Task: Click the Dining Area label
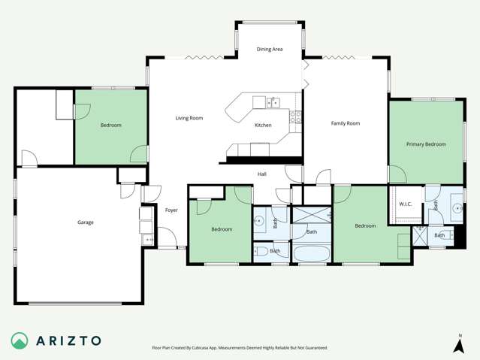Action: click(270, 50)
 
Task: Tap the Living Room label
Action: click(189, 118)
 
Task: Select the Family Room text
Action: click(346, 123)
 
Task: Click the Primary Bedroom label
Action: click(426, 144)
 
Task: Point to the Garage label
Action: click(86, 222)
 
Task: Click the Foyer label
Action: click(171, 210)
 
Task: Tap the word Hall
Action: click(262, 174)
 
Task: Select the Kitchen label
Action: click(263, 126)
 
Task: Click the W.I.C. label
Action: click(405, 204)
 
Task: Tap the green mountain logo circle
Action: click(20, 340)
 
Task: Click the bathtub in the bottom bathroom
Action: click(309, 253)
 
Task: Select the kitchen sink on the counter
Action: click(274, 100)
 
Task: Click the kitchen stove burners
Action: click(296, 116)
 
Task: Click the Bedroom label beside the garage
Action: click(110, 126)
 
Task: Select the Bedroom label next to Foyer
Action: click(222, 229)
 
